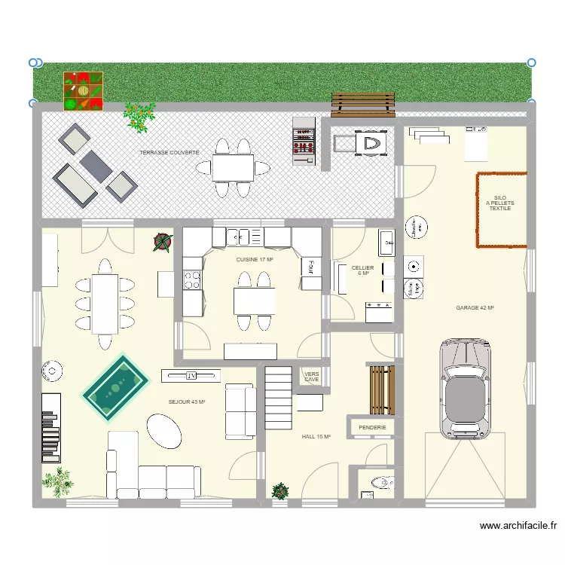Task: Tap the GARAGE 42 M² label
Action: click(x=475, y=308)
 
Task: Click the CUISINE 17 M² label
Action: click(x=255, y=259)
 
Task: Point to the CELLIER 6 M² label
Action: click(x=362, y=270)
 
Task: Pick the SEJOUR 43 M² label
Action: click(x=187, y=402)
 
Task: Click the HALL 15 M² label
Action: click(x=316, y=436)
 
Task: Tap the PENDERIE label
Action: click(x=373, y=428)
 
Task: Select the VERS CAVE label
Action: click(x=311, y=377)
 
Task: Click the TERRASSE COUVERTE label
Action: click(x=169, y=153)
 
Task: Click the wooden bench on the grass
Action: click(x=363, y=105)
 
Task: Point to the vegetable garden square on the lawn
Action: click(x=83, y=91)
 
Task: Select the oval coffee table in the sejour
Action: click(x=163, y=432)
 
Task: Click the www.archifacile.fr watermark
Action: click(x=517, y=527)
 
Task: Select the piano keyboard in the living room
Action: click(x=50, y=426)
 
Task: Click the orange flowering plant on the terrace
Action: click(x=139, y=116)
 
